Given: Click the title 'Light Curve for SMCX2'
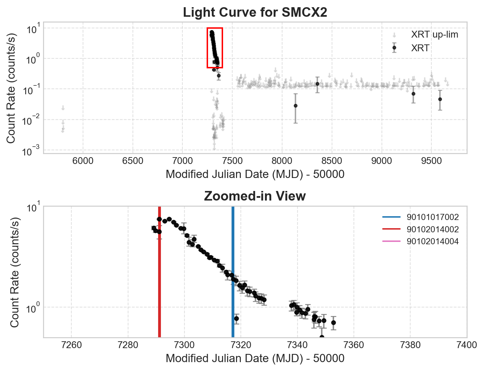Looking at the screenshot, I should point(255,13).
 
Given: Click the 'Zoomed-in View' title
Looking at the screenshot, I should point(255,196).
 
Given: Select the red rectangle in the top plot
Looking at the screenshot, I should point(215,28).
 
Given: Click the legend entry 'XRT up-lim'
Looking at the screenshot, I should point(434,35).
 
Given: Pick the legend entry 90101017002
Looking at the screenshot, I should point(432,217).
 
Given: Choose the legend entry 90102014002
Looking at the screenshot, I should point(432,230).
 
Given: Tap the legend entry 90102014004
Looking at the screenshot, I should point(432,242).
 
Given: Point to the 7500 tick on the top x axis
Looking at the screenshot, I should point(232,161).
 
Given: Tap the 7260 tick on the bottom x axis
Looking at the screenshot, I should point(71,345).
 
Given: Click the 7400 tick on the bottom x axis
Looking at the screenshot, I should point(467,345).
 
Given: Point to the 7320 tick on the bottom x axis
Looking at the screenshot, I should point(241,345).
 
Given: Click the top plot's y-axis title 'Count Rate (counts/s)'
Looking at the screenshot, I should point(11,88).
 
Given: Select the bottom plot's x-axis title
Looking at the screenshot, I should point(255,358).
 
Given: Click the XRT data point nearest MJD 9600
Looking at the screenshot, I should point(440,99).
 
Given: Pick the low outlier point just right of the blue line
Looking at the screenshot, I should point(236,319).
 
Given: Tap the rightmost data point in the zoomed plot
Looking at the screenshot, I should point(333,323).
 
